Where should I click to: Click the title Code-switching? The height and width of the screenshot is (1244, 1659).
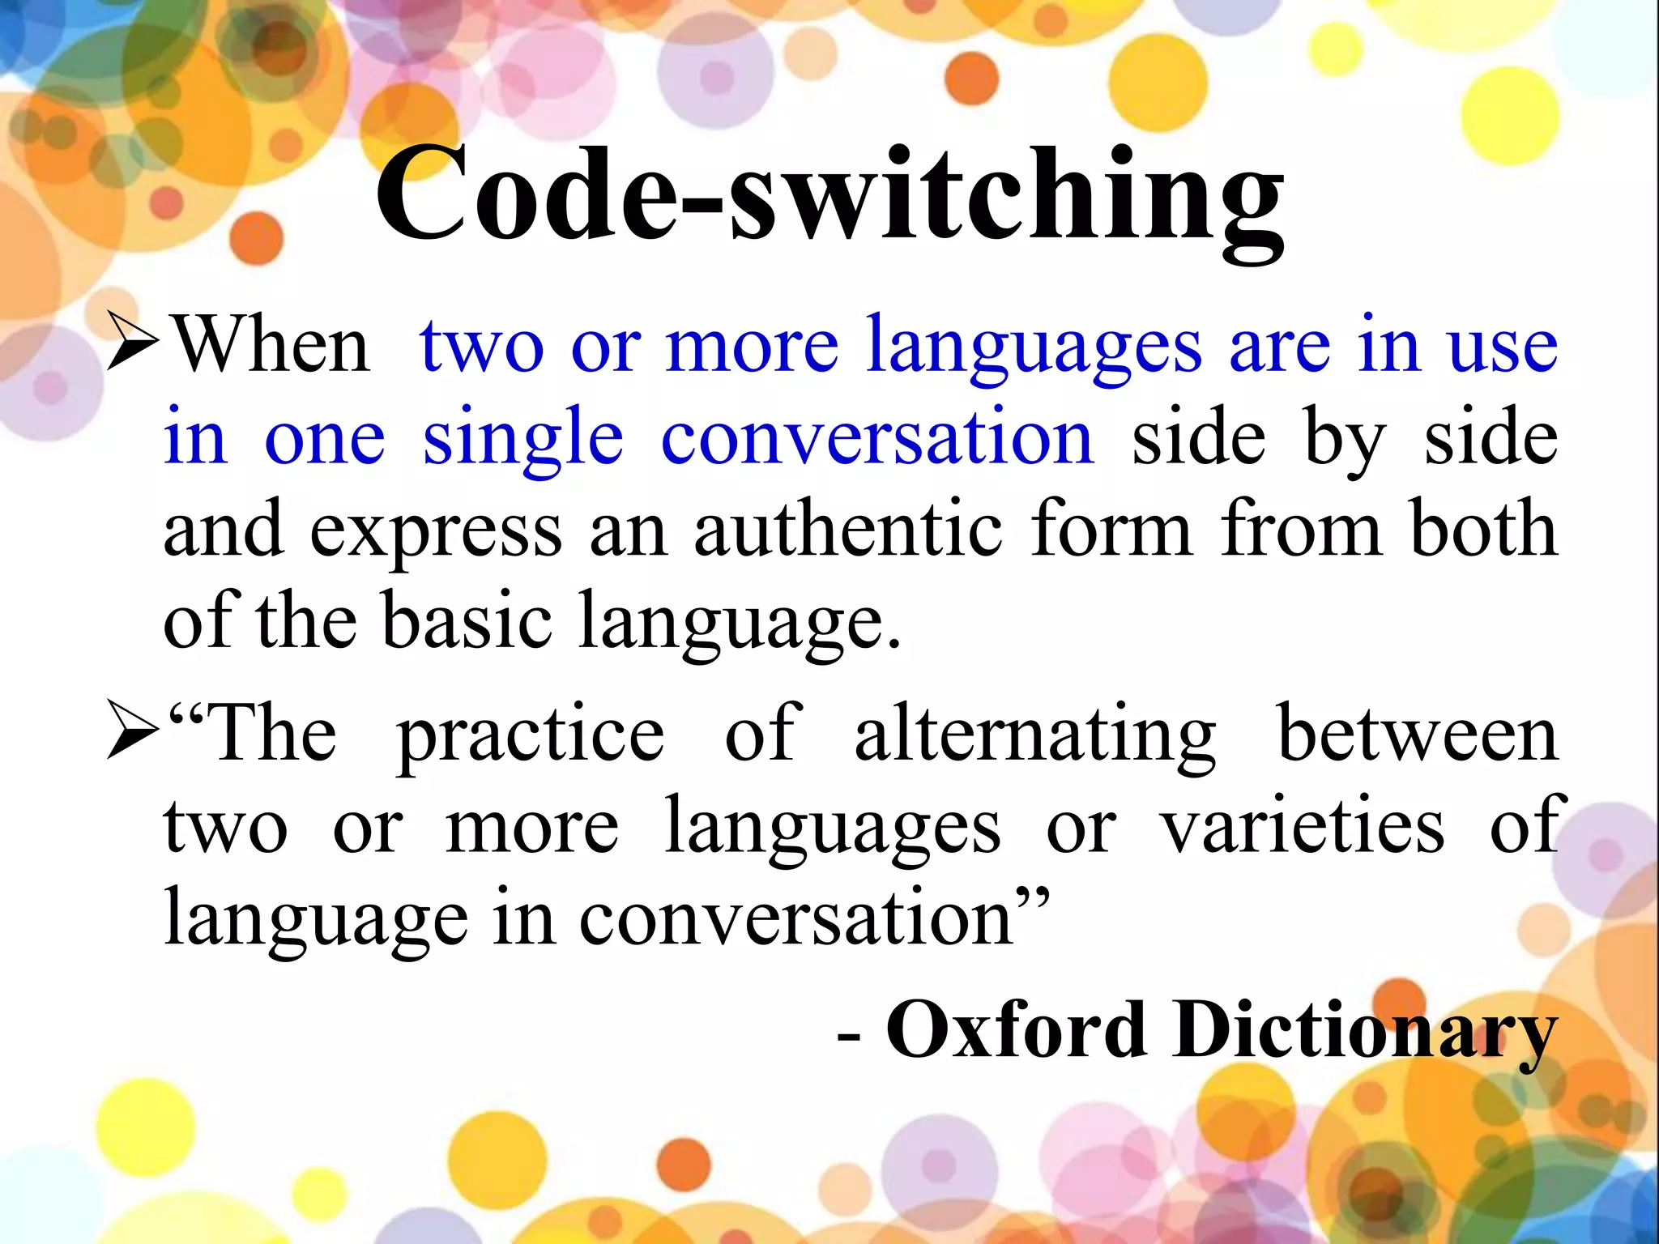pos(829,198)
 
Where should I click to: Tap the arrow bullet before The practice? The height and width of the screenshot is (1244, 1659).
pos(132,731)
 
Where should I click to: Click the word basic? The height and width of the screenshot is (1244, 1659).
pos(467,622)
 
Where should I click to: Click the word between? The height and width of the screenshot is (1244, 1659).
pos(1418,734)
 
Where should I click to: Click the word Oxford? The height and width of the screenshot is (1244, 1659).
pos(1017,1030)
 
